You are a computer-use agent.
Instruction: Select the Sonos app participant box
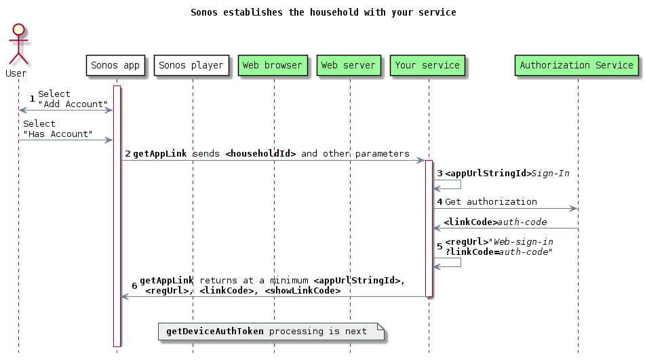[x=115, y=66]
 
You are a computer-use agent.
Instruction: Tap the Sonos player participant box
[x=191, y=66]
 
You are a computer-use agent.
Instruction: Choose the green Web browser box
[x=273, y=66]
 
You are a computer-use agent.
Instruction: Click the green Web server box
[x=349, y=66]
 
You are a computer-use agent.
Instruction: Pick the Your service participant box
[x=427, y=66]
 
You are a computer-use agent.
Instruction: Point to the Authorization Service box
[x=576, y=66]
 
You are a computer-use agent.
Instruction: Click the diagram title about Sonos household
[x=323, y=12]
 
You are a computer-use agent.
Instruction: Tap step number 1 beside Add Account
[x=32, y=100]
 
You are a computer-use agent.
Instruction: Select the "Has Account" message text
[x=58, y=134]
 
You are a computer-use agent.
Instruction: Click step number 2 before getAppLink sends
[x=128, y=154]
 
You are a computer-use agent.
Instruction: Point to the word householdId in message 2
[x=260, y=154]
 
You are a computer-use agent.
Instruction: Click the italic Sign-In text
[x=550, y=174]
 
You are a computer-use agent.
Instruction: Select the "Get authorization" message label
[x=491, y=201]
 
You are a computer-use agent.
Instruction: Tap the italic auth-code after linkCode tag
[x=523, y=222]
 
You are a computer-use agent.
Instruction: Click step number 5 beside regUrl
[x=439, y=246]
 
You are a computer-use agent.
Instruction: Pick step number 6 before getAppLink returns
[x=134, y=285]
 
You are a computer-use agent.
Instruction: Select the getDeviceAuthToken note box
[x=271, y=332]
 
